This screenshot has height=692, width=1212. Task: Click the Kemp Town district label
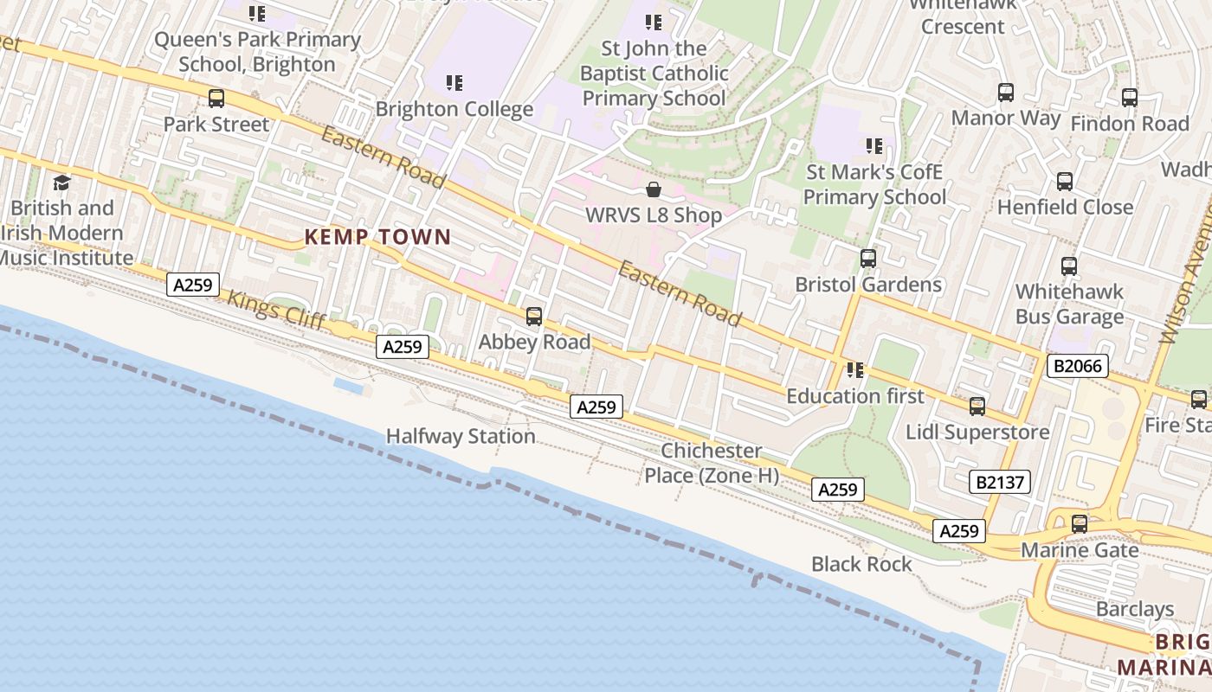coord(377,237)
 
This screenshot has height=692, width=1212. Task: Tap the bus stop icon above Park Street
coord(216,99)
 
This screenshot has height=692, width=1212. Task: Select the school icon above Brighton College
coord(455,83)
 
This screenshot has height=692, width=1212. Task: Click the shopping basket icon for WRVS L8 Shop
coord(654,189)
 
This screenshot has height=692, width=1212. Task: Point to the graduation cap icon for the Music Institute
coord(61,183)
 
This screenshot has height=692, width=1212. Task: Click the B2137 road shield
coord(1000,482)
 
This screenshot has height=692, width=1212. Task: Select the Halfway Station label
coord(461,436)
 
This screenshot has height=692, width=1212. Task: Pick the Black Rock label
coord(861,564)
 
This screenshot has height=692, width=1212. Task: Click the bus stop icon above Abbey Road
coord(534,317)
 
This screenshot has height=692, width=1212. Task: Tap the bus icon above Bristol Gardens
coord(867,259)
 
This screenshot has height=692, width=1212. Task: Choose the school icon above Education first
coord(855,370)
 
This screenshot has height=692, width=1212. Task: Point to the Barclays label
coord(1135,609)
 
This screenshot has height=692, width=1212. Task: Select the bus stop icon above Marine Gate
coord(1079,524)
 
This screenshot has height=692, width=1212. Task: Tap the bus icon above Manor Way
coord(1005,93)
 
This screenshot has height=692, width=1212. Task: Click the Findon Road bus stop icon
coord(1129,98)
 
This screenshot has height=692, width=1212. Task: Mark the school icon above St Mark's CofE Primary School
coord(874,146)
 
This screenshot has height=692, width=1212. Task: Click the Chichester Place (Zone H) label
coord(712,463)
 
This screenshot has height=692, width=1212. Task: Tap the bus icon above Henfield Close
coord(1064,182)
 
